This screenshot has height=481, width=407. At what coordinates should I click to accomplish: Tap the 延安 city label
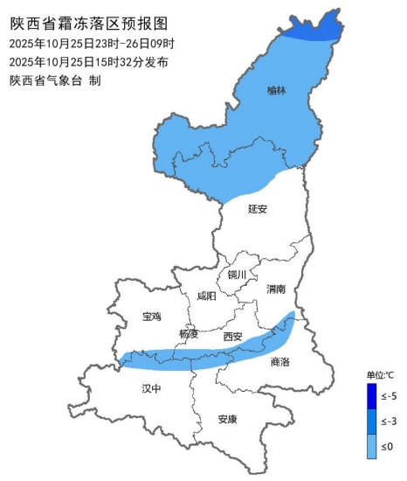point(257,209)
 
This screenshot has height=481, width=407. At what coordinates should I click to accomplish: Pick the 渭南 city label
point(277,288)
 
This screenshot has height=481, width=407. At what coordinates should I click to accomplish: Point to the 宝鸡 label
point(151,317)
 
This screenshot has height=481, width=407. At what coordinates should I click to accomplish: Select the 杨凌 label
point(189,334)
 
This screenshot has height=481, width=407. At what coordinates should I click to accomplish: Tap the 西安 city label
point(232,336)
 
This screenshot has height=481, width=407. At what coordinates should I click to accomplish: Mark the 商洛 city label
point(279,361)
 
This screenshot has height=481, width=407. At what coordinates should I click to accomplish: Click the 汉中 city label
point(151,387)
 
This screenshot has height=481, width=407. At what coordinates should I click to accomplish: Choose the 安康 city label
point(227,419)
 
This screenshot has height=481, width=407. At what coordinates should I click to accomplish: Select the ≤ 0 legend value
point(389,446)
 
